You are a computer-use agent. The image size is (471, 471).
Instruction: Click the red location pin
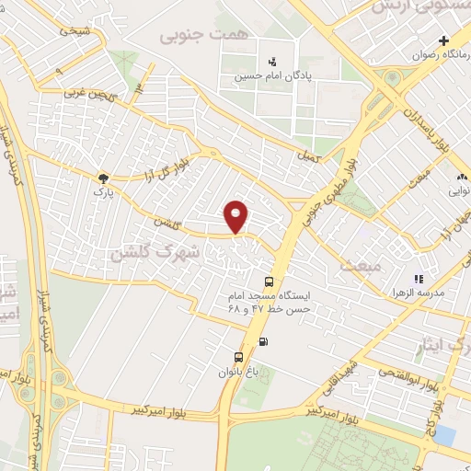(x=237, y=216)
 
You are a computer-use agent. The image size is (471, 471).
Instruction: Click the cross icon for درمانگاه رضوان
(x=444, y=40)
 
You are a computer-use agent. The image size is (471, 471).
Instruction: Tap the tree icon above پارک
(x=103, y=178)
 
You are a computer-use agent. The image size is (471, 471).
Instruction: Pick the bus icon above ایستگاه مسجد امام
(x=268, y=282)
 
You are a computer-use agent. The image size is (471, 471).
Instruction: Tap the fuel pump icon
(x=265, y=343)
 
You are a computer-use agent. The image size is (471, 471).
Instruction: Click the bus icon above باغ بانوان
(x=238, y=357)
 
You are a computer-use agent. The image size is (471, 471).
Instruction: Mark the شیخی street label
(x=76, y=30)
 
